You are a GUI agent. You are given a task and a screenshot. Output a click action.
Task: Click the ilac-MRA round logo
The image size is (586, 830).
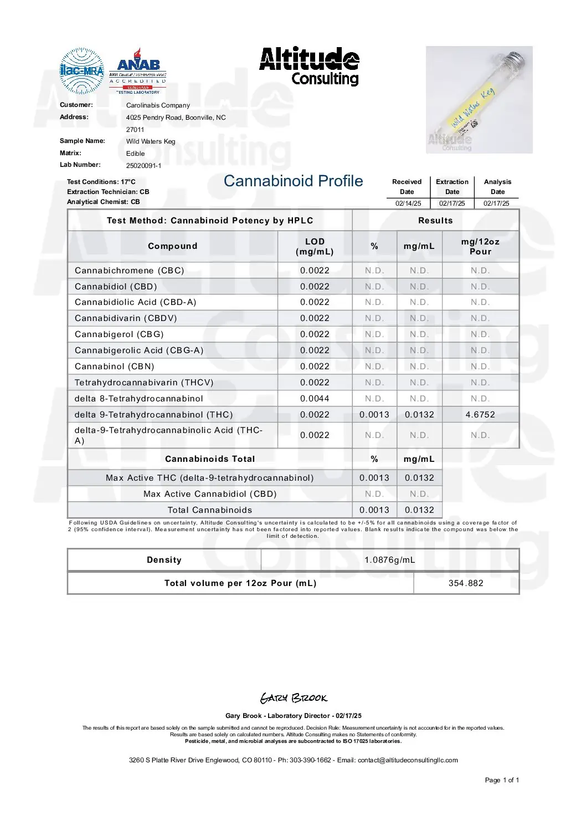81,70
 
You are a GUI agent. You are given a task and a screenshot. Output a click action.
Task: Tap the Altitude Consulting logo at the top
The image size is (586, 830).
309,66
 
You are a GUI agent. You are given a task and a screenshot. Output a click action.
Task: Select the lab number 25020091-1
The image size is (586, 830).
143,165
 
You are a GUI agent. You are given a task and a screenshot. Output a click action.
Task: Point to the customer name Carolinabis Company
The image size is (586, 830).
158,105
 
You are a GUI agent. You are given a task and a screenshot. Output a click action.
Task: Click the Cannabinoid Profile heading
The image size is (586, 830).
293,181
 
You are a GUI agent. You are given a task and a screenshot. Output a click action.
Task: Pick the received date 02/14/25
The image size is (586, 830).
408,203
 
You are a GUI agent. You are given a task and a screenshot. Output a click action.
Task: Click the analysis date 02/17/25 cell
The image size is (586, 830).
496,203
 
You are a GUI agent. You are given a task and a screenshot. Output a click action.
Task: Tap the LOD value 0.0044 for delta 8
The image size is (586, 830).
315,399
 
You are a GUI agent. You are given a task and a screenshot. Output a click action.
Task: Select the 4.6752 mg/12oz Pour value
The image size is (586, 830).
480,415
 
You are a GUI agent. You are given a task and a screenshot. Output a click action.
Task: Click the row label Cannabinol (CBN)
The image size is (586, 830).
115,366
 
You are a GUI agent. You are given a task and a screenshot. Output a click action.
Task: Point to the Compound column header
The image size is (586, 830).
172,246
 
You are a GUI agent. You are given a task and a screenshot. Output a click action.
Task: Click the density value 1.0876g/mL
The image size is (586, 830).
389,560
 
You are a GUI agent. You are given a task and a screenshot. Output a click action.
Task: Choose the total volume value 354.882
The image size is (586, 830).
466,583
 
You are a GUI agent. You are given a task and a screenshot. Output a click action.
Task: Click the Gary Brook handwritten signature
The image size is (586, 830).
294,698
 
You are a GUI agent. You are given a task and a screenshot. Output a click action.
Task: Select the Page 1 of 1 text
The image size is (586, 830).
502,780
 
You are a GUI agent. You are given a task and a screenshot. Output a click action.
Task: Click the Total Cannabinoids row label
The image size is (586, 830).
210,510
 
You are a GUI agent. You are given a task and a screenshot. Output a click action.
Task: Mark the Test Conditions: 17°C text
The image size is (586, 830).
101,182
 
